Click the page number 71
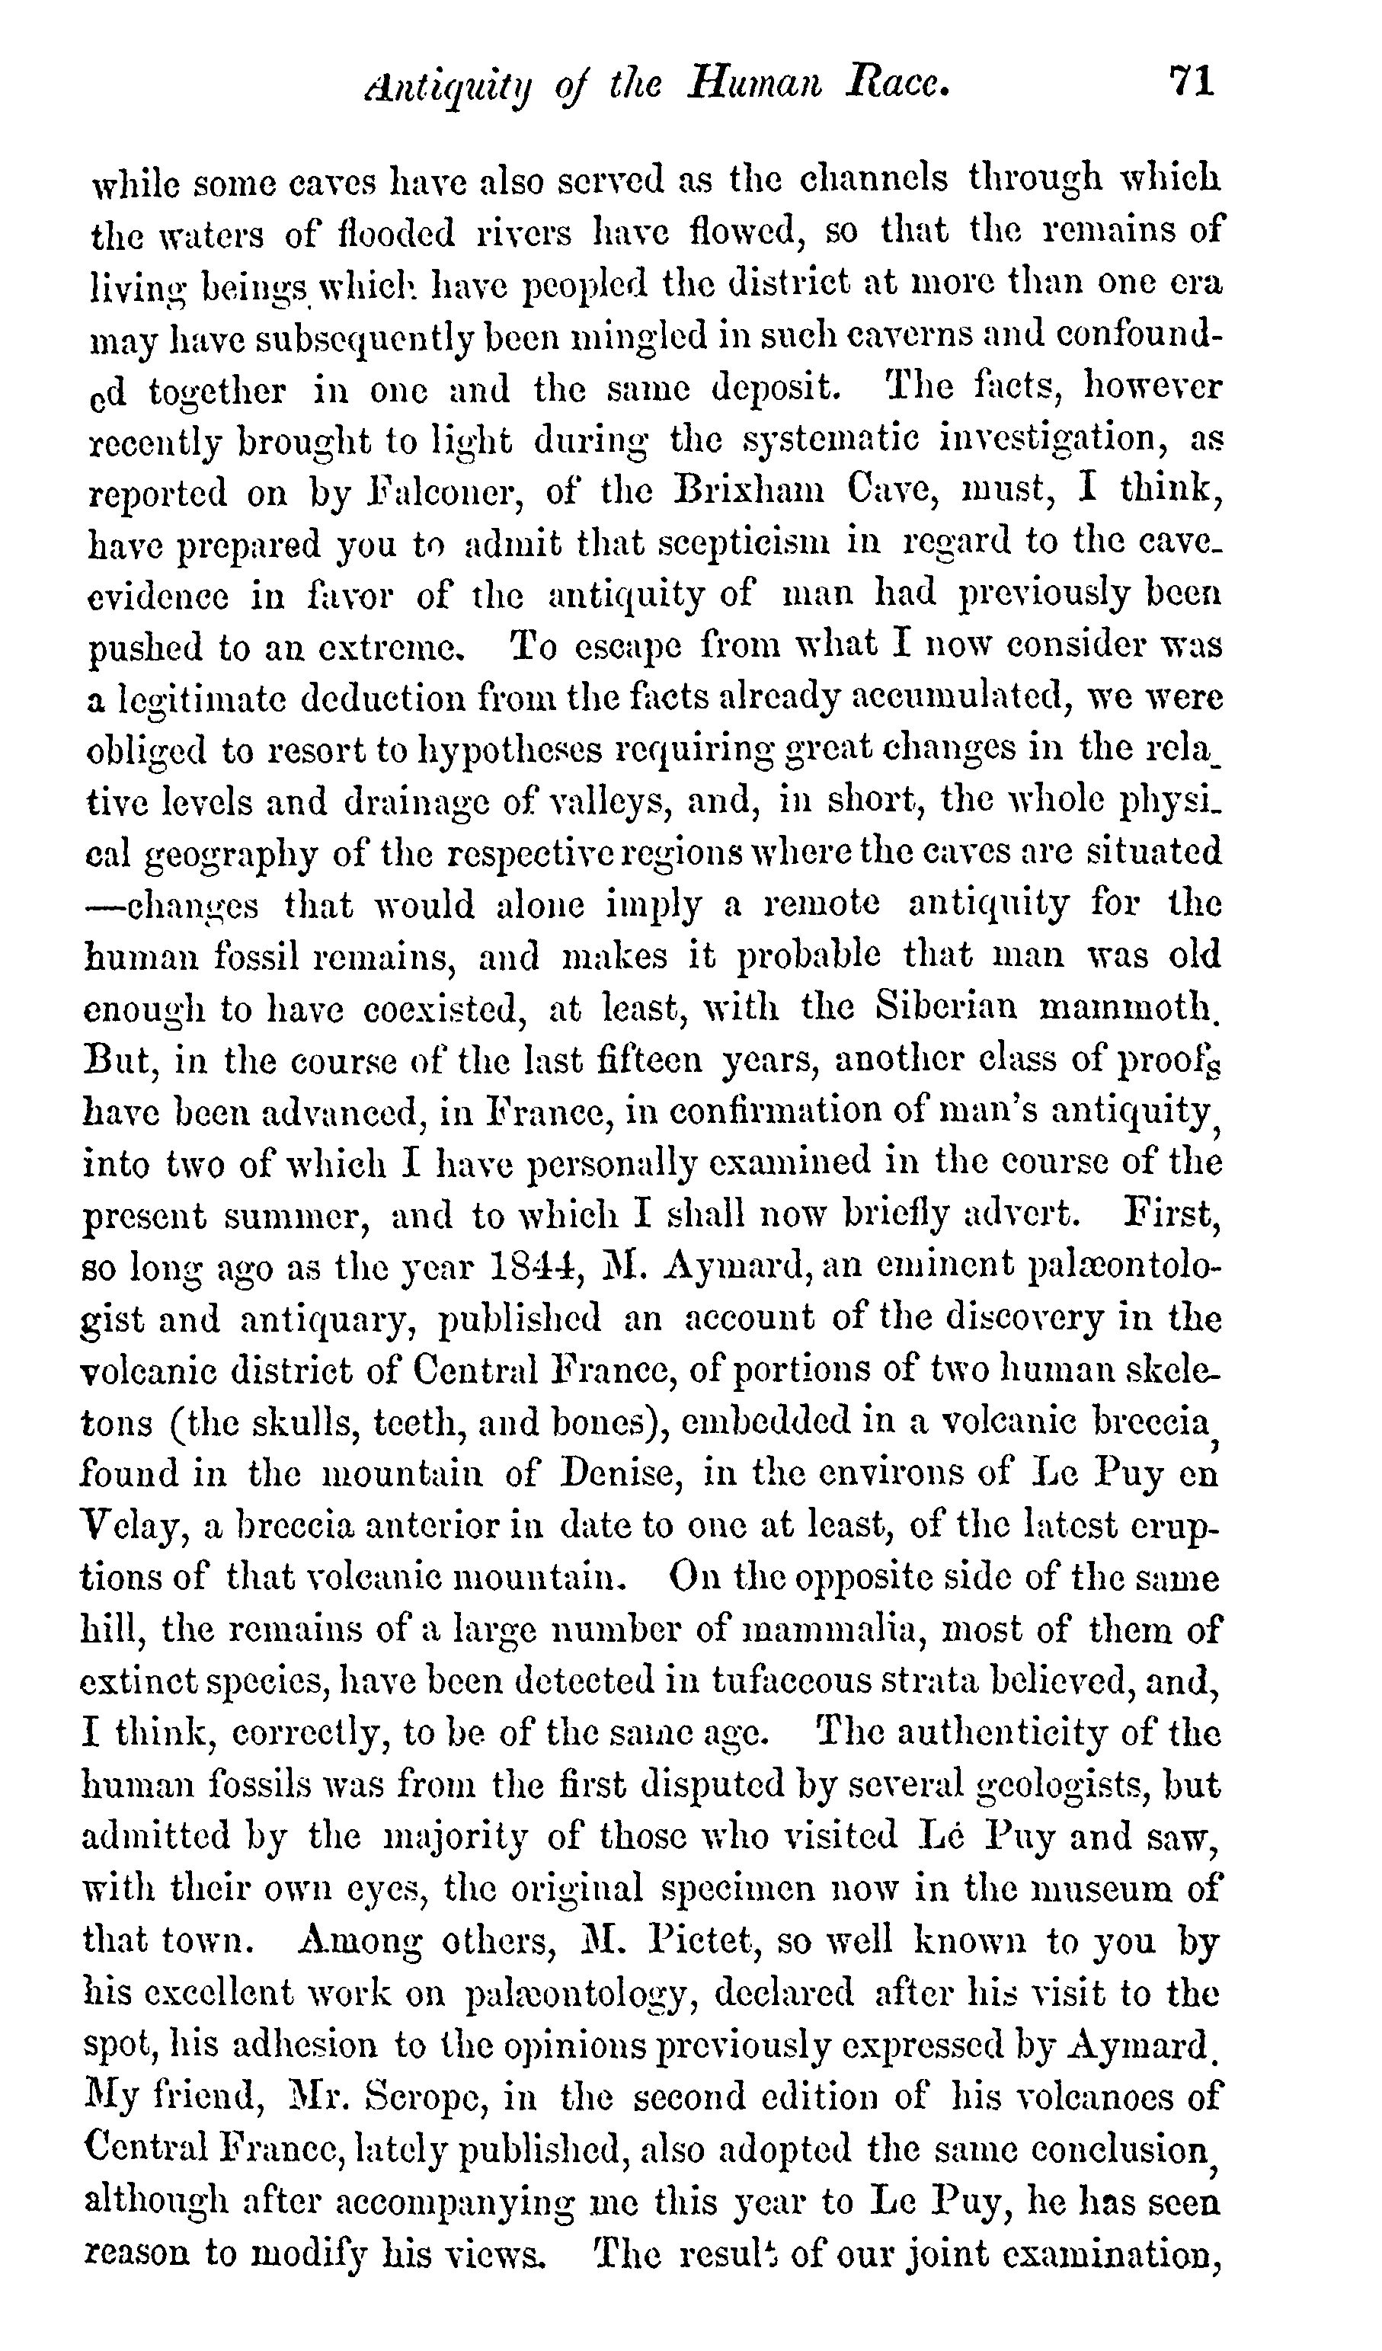point(1192,82)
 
